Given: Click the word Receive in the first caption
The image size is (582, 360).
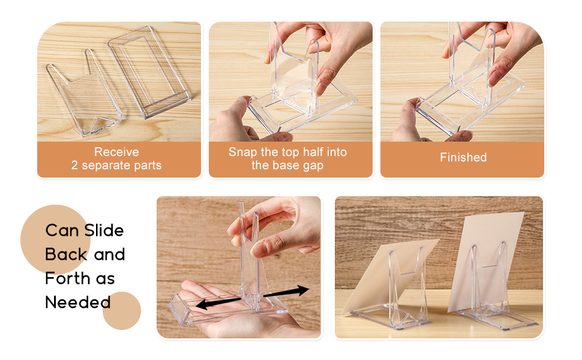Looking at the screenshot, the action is (x=116, y=152).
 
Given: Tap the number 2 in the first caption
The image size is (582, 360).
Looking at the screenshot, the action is (x=74, y=165).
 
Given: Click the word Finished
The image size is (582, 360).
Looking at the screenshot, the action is (x=463, y=157).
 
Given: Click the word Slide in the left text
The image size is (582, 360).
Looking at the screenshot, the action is (x=104, y=230).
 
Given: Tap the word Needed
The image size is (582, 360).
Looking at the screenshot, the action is (x=78, y=302).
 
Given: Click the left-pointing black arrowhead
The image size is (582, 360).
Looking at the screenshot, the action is (x=202, y=304).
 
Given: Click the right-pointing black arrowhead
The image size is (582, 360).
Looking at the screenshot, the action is (x=302, y=290).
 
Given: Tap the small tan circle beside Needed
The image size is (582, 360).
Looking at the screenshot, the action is (x=122, y=311).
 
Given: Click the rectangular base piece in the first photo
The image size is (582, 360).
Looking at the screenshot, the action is (x=149, y=72).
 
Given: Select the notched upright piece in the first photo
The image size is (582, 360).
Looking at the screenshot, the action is (x=84, y=93).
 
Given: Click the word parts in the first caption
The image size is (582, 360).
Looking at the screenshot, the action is (x=148, y=166).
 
